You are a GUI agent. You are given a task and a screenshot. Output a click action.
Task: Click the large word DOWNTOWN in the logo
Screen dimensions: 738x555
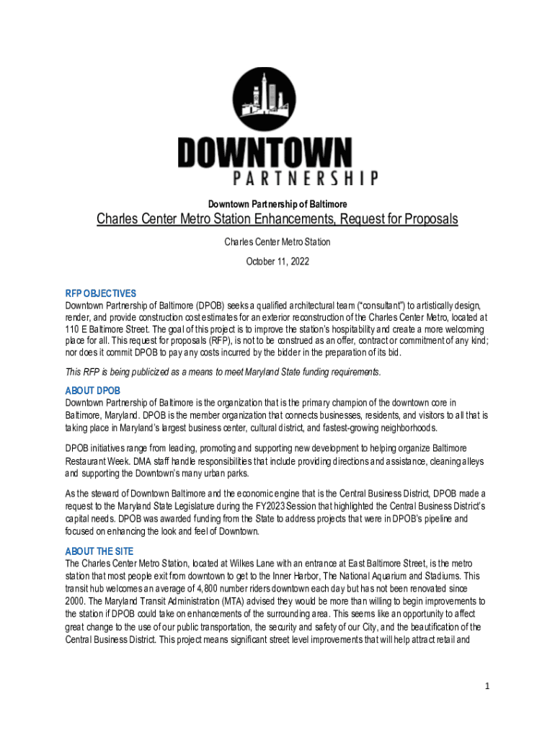pyautogui.click(x=265, y=154)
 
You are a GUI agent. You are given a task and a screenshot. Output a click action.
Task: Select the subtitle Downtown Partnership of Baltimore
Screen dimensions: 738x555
pyautogui.click(x=277, y=205)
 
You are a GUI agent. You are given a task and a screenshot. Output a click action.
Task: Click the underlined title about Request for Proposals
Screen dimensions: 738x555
pyautogui.click(x=277, y=219)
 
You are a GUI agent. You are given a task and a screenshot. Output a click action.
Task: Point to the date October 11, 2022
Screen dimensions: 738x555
pyautogui.click(x=277, y=262)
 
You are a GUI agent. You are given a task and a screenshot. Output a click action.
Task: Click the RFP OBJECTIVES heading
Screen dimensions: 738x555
pyautogui.click(x=100, y=293)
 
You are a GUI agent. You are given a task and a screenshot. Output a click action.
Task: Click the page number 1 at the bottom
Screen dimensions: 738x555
pyautogui.click(x=487, y=686)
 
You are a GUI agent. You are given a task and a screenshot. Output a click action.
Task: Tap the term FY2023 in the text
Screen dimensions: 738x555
pyautogui.click(x=271, y=504)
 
